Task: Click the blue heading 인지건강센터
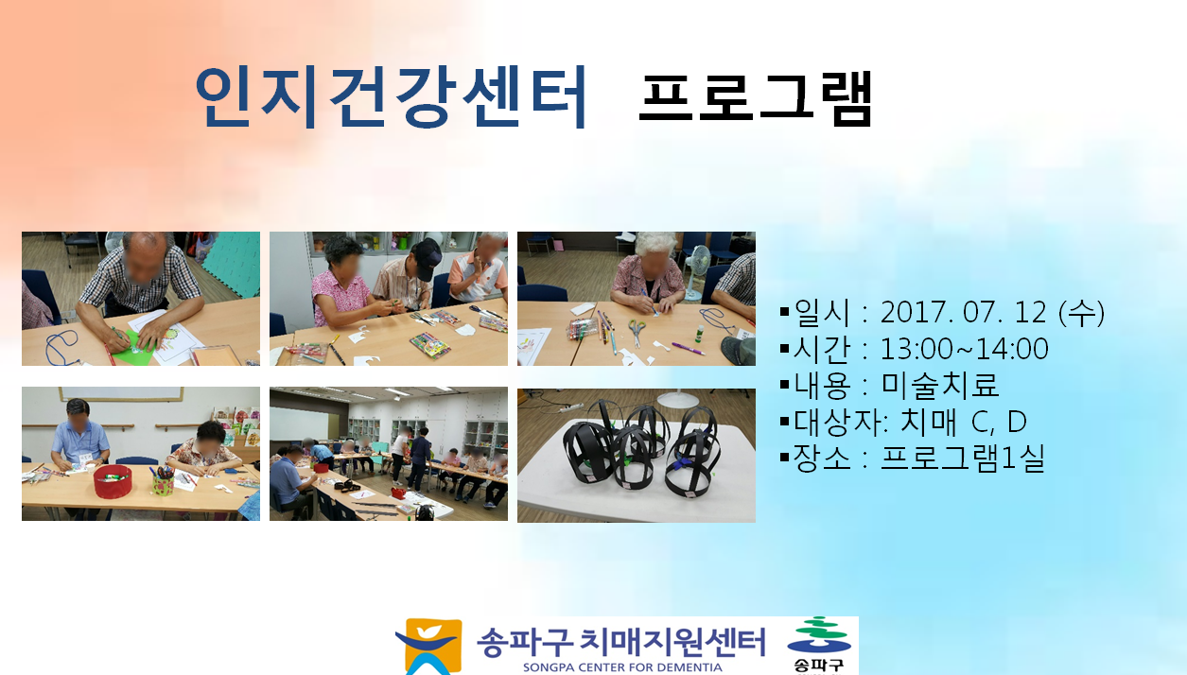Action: [391, 97]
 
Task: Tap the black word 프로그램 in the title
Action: [756, 98]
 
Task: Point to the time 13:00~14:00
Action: [964, 349]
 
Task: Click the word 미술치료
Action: [940, 385]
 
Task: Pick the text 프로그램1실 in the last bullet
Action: [962, 459]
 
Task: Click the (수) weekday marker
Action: [1081, 313]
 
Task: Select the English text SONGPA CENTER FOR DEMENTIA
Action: [622, 667]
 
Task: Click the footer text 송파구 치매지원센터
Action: [621, 642]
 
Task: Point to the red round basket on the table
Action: [113, 480]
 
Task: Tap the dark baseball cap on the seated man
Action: [428, 257]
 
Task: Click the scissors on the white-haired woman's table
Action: [637, 332]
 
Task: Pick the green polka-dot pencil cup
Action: [164, 483]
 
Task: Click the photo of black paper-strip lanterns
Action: [637, 455]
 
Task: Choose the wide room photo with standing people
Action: [389, 454]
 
